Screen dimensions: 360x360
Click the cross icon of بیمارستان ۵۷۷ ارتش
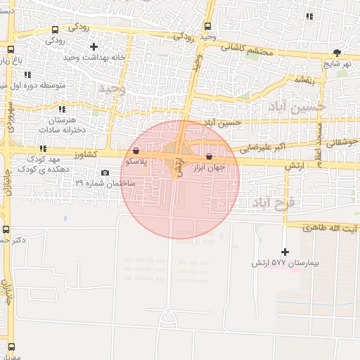coord(285,252)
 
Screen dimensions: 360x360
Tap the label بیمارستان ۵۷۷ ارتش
coord(285,264)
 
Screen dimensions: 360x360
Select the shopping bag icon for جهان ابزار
coord(209,157)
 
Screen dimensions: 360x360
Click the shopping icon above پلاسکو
coord(136,150)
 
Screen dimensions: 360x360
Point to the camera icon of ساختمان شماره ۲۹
coord(105,172)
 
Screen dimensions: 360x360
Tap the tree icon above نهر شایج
coord(337,52)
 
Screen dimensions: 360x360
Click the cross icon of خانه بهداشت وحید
coord(94,46)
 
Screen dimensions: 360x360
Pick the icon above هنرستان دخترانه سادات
coord(62,109)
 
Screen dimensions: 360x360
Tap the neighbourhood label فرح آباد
coord(274,203)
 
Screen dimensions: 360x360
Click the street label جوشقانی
coord(342,141)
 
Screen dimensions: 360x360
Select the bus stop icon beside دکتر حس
coord(6,229)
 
